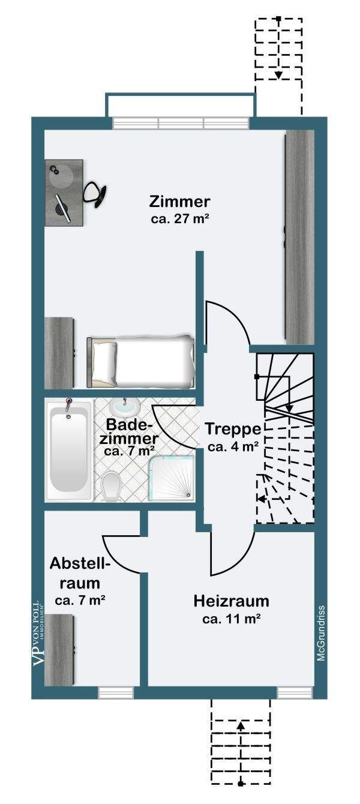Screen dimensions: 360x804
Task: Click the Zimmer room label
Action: pyautogui.click(x=179, y=200)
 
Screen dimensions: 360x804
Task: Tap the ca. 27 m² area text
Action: pyautogui.click(x=179, y=218)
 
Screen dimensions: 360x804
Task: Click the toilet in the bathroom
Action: pyautogui.click(x=111, y=485)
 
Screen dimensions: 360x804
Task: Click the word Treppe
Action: pyautogui.click(x=232, y=430)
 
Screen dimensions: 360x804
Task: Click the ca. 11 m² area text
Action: pyautogui.click(x=231, y=619)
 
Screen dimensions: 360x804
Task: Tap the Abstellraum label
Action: pyautogui.click(x=80, y=573)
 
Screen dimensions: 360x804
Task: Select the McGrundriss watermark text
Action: pyautogui.click(x=322, y=633)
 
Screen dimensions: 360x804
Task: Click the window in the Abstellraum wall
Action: pyautogui.click(x=116, y=692)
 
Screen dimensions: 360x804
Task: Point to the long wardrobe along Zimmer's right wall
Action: pyautogui.click(x=299, y=237)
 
